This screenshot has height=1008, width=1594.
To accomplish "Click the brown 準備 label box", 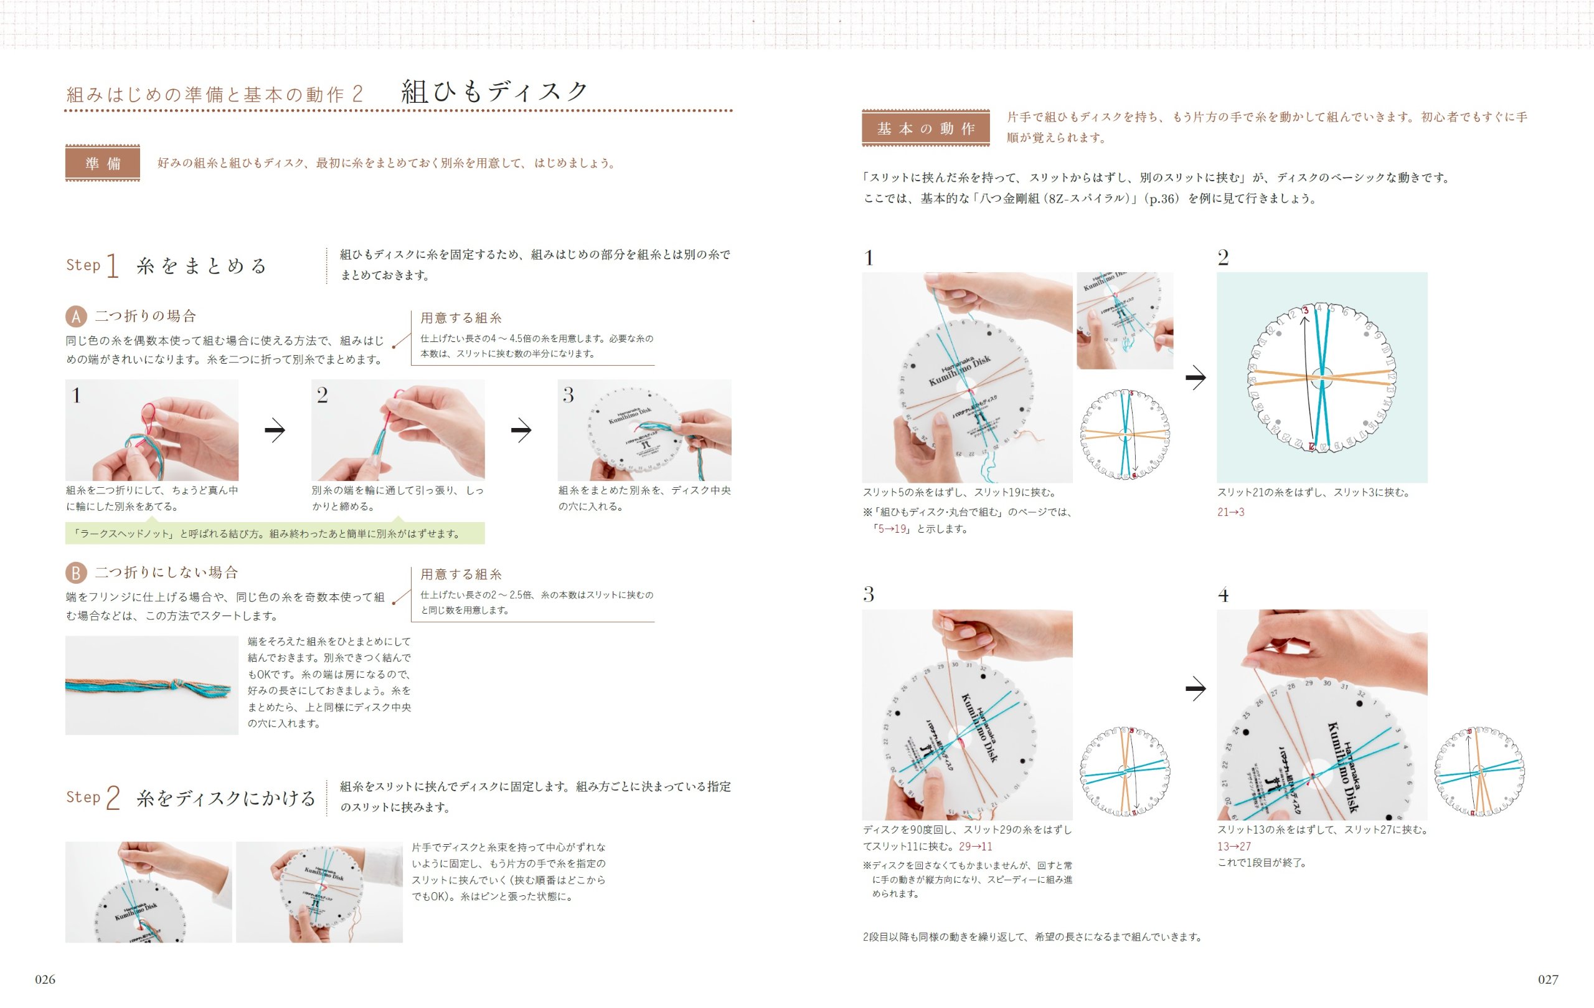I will click(102, 163).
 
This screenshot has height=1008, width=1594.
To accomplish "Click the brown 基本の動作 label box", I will click(925, 128).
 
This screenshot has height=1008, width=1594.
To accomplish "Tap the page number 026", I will click(45, 979).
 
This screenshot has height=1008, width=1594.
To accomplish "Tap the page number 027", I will click(1548, 979).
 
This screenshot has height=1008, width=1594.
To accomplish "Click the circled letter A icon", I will click(76, 316).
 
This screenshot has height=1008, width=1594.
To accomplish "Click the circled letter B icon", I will click(76, 573).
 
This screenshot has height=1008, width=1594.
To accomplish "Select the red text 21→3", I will click(1230, 512).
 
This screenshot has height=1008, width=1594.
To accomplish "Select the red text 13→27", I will click(1234, 847).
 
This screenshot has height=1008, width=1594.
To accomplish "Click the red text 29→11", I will click(975, 847).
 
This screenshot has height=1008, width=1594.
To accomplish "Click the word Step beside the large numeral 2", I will click(83, 797).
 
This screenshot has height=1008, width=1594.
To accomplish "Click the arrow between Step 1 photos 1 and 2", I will click(275, 430).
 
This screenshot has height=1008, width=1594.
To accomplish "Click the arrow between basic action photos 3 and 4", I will click(1195, 689).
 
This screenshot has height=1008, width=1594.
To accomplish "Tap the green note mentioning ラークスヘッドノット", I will click(274, 534).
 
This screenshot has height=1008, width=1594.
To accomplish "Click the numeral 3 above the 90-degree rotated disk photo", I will click(869, 594).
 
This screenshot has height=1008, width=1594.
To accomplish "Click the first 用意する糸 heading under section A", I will click(461, 318).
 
